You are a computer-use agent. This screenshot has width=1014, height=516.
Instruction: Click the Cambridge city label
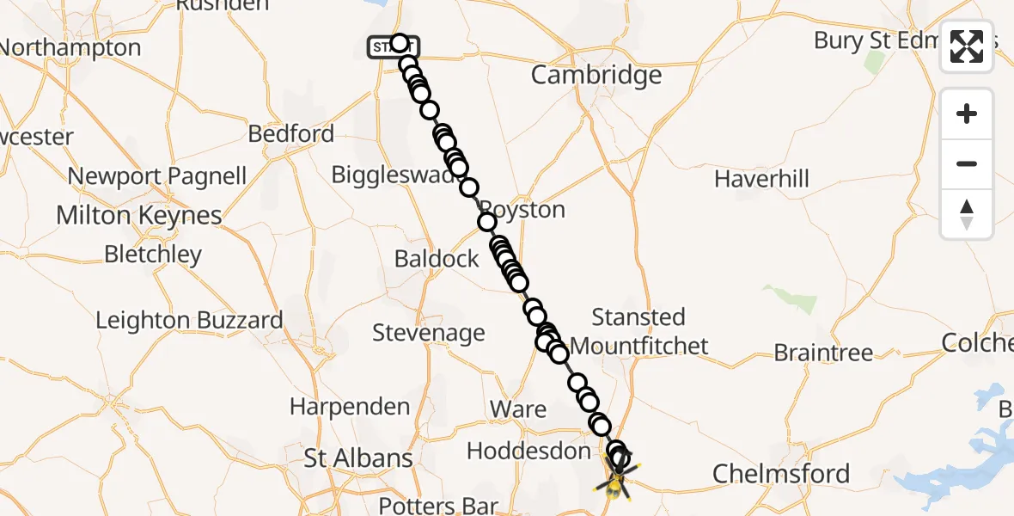[x=596, y=75]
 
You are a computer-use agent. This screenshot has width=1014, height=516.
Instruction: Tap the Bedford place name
[x=290, y=134]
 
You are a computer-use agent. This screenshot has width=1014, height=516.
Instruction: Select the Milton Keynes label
[x=139, y=215]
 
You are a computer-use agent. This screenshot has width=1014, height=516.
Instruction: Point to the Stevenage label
[x=429, y=333]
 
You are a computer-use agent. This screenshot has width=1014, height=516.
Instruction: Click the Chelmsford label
[x=781, y=473]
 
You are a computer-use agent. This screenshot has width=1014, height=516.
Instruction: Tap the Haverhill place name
[x=762, y=179]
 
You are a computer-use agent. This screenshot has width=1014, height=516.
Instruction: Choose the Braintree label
[x=823, y=353]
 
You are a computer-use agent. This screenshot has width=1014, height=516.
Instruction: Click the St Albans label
[x=358, y=458]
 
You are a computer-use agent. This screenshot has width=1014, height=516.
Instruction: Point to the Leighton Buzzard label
[x=189, y=321]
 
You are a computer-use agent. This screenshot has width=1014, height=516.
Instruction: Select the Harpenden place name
[x=350, y=406]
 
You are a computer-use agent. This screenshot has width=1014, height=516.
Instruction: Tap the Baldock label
[x=437, y=258]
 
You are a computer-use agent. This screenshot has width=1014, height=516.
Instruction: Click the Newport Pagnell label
[x=157, y=176]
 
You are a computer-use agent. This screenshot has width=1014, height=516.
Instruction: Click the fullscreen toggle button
[x=967, y=46]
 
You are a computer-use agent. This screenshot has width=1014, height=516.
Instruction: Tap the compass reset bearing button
[x=967, y=214]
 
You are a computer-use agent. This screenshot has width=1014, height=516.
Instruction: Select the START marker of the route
[x=393, y=46]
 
